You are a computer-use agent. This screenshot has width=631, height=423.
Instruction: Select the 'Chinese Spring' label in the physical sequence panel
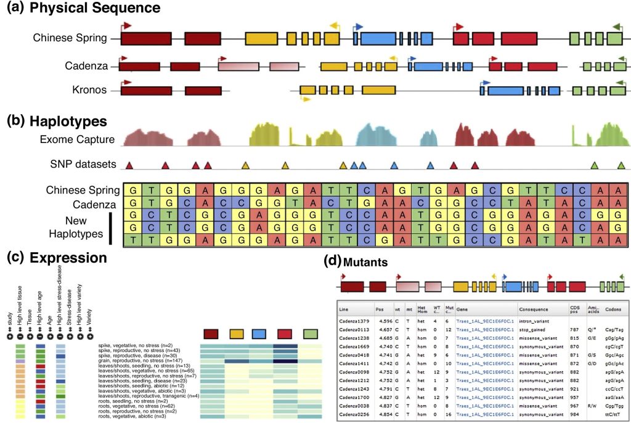coord(70,38)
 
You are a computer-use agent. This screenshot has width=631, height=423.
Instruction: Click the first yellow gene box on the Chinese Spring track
coord(262,38)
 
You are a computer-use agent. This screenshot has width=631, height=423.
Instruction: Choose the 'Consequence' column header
coord(534,309)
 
